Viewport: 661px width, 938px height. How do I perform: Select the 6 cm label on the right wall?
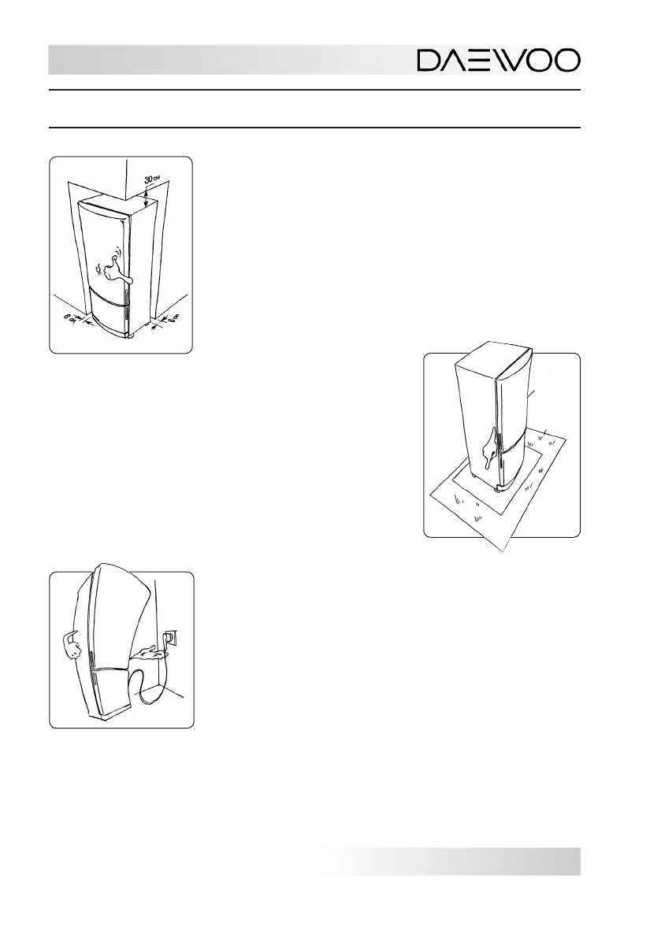(x=173, y=318)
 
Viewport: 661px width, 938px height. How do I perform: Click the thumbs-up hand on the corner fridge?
(x=110, y=268)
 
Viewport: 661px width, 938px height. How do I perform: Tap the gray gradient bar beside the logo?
(x=228, y=61)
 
